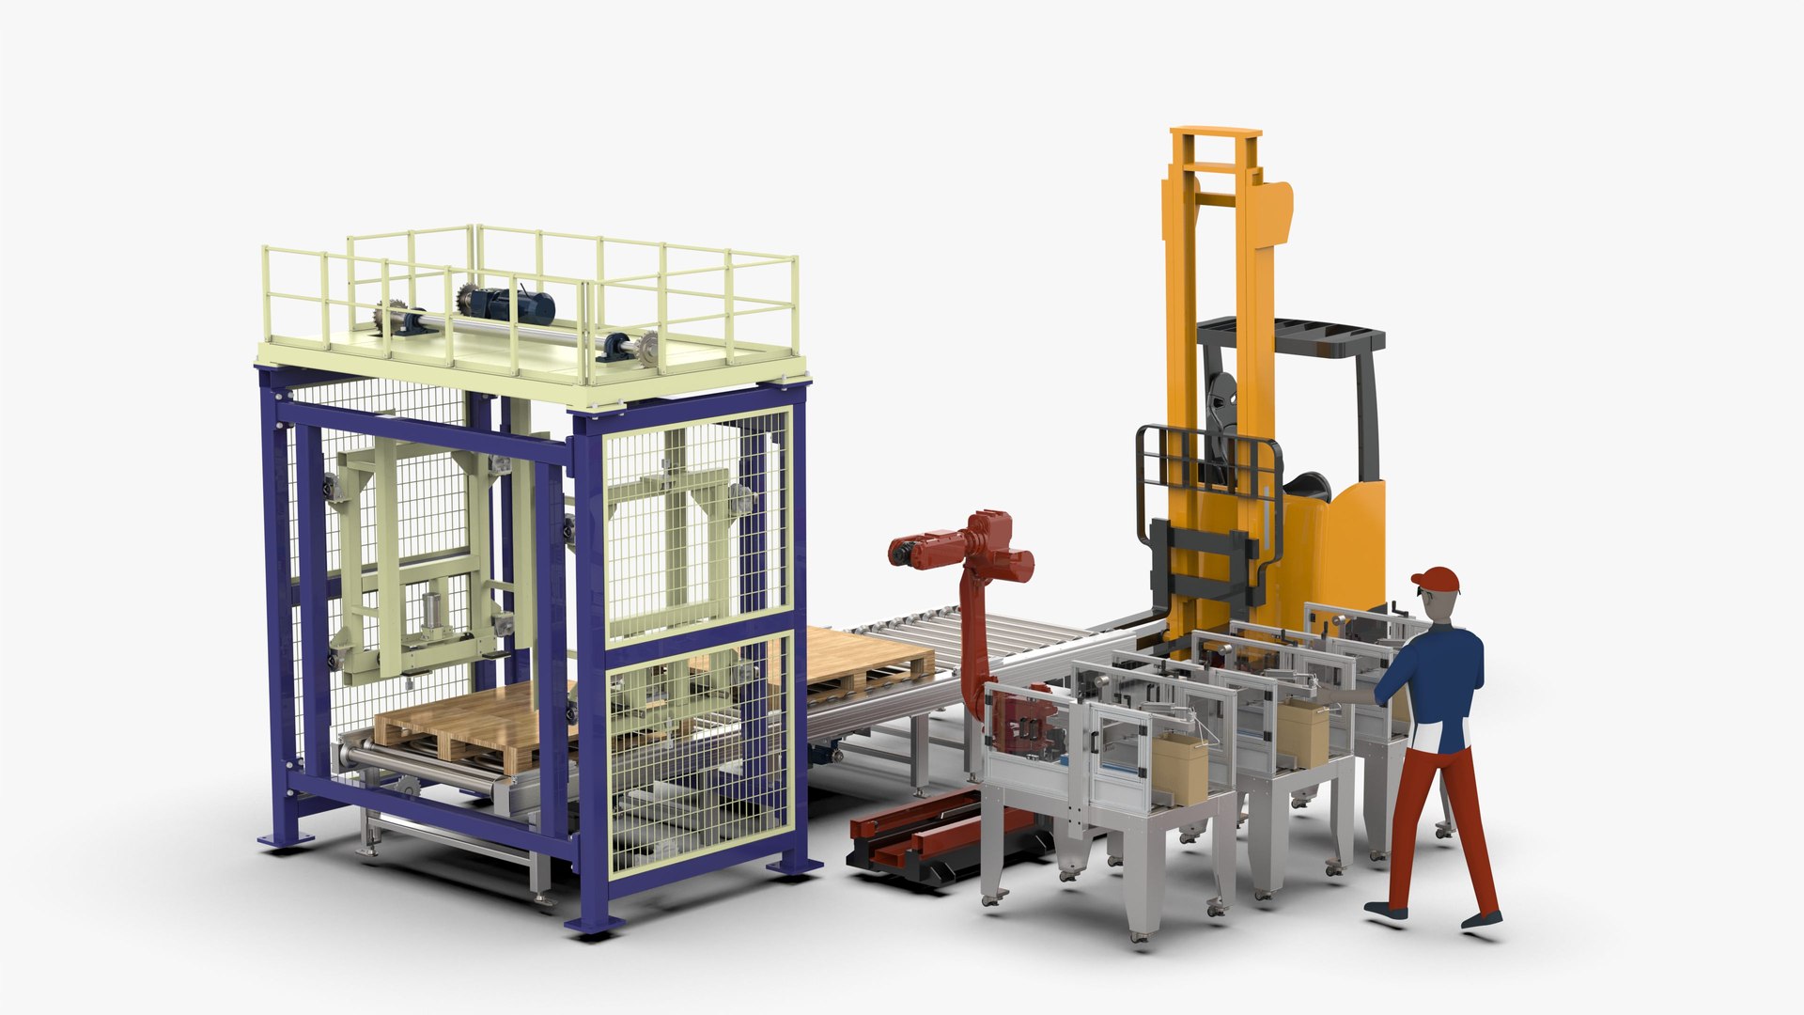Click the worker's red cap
[x=1437, y=579]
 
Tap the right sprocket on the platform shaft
[x=644, y=350]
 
